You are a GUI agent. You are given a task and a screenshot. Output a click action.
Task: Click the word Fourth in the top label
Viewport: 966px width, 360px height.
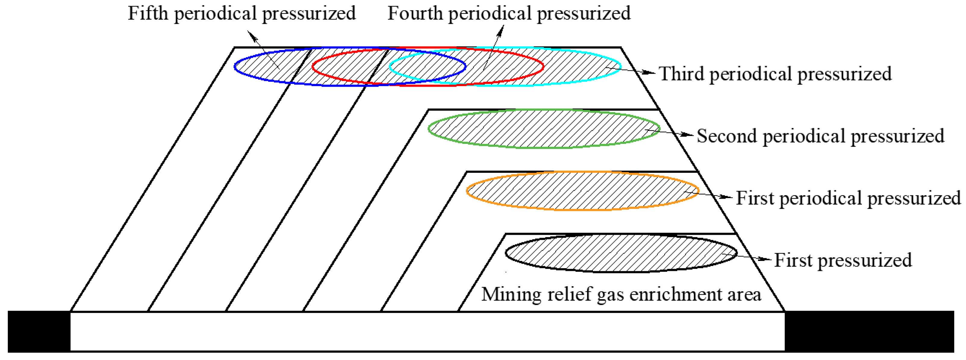pyautogui.click(x=415, y=14)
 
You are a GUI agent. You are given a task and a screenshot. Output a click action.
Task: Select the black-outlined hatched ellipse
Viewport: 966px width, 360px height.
pyautogui.click(x=621, y=253)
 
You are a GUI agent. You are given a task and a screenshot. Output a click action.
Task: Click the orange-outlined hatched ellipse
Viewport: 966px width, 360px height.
pyautogui.click(x=582, y=191)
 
